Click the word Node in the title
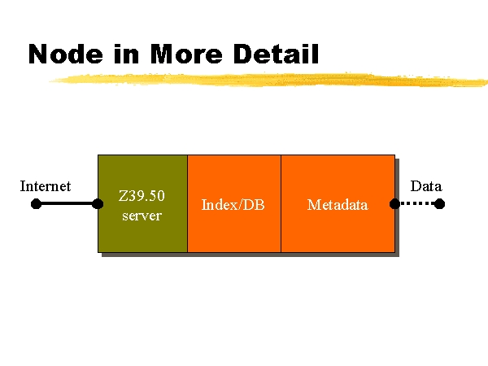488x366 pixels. [x=65, y=54]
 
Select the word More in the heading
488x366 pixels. [x=186, y=54]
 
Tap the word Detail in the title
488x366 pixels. [x=276, y=54]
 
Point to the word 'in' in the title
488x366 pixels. [x=126, y=54]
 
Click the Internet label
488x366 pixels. [x=46, y=186]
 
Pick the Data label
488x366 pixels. [x=426, y=186]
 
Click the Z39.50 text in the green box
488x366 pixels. [x=142, y=196]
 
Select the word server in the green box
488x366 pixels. [x=142, y=216]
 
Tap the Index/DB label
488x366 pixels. [x=233, y=205]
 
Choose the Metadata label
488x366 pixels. [x=338, y=205]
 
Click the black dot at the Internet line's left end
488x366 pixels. [x=36, y=204]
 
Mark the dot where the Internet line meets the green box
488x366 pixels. [x=98, y=204]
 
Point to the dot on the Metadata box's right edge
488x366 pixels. [x=394, y=204]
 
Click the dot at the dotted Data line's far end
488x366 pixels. [x=439, y=204]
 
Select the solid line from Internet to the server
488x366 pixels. [x=67, y=203]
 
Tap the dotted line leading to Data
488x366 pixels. [x=417, y=203]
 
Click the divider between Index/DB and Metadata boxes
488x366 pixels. [x=281, y=203]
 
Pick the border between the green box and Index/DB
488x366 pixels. [x=187, y=203]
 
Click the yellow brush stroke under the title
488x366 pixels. [x=268, y=80]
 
